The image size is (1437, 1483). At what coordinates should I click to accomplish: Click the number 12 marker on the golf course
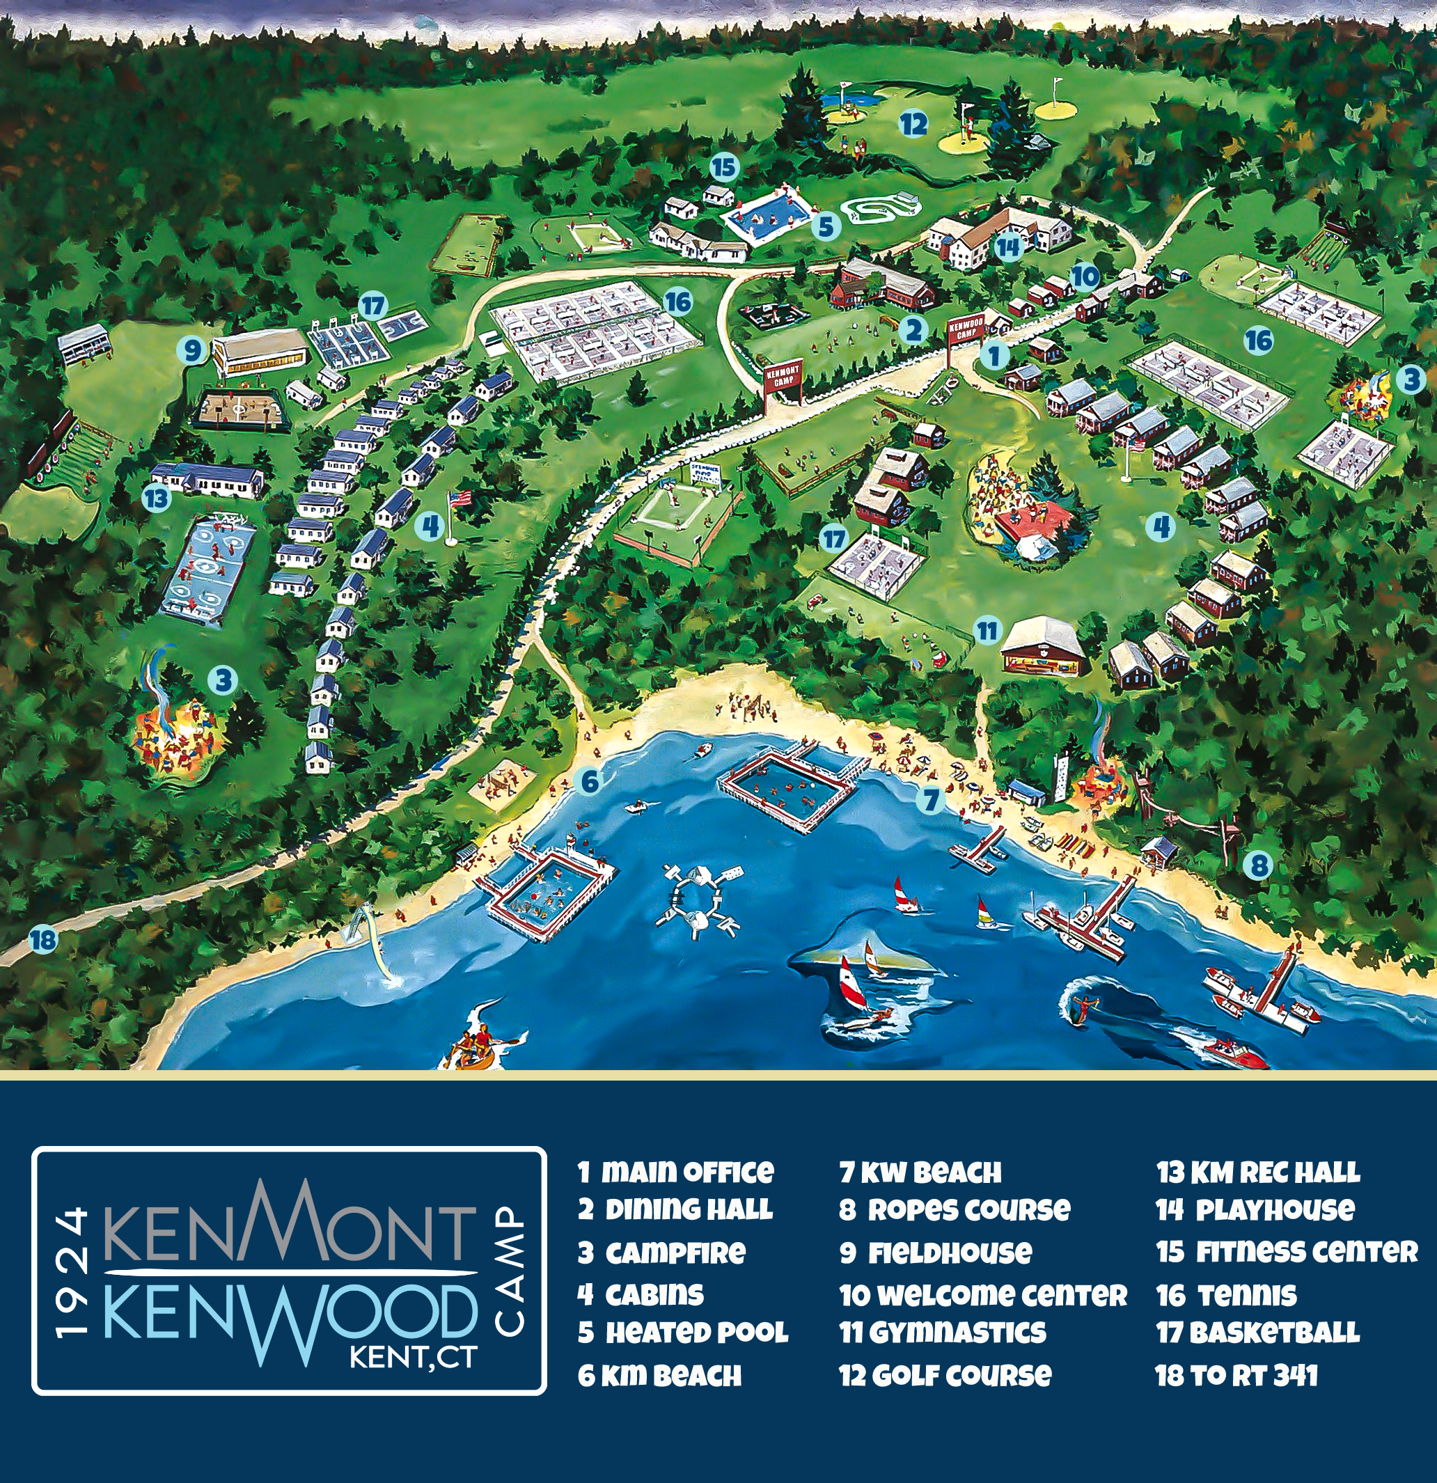click(x=913, y=123)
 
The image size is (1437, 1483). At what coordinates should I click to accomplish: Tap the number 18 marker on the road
click(x=43, y=940)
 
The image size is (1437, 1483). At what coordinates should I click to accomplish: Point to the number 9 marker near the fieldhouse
click(x=193, y=350)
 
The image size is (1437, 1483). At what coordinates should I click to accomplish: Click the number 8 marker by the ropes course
click(x=1258, y=865)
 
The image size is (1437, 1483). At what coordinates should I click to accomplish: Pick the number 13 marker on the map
click(x=156, y=499)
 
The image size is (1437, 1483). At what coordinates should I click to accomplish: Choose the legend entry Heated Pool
click(x=683, y=1333)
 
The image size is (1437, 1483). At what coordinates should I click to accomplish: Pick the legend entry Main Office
click(x=676, y=1172)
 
